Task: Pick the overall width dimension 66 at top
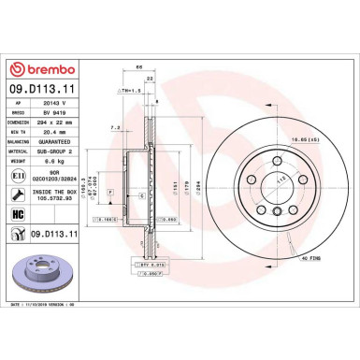138,67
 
